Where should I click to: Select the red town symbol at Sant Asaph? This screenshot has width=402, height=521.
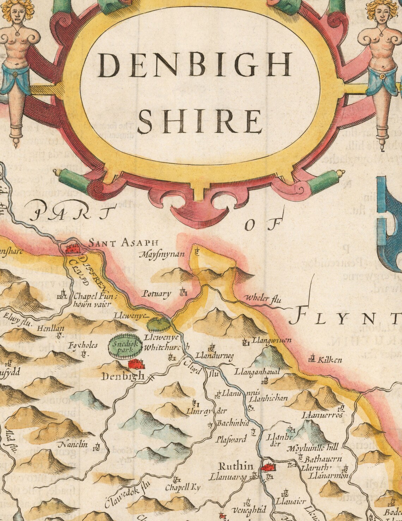pyautogui.click(x=74, y=248)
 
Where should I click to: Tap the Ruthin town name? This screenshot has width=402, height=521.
pyautogui.click(x=236, y=466)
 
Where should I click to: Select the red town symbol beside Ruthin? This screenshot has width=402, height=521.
pyautogui.click(x=268, y=467)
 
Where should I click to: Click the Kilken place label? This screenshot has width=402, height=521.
pyautogui.click(x=330, y=360)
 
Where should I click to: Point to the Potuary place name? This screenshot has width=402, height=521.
pyautogui.click(x=156, y=294)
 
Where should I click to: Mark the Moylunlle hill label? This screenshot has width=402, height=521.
pyautogui.click(x=313, y=448)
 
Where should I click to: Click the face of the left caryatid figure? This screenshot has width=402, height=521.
pyautogui.click(x=17, y=13)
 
